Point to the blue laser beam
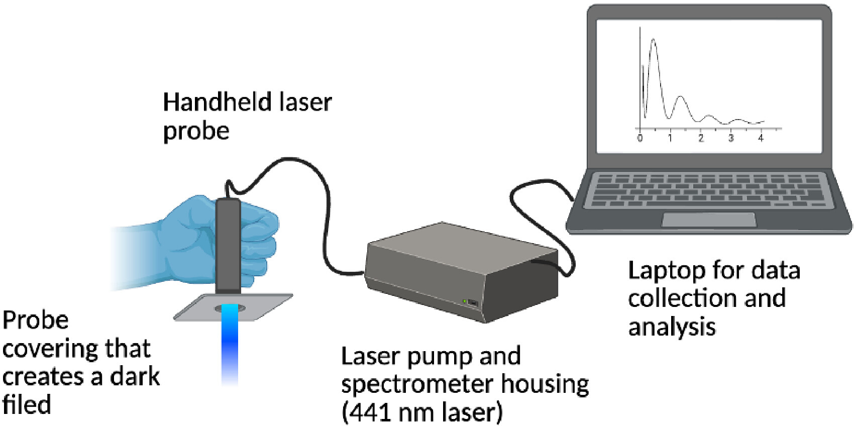point(230,344)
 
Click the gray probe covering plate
point(233,307)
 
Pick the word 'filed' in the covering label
point(27,404)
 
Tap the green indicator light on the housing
point(464,301)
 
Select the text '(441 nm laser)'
point(422,412)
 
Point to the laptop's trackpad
point(709,220)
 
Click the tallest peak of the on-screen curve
point(654,39)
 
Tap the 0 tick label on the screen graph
point(640,138)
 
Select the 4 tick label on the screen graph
point(761,138)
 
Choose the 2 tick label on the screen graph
point(701,138)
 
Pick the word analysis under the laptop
point(672,328)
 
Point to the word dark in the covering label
point(135,376)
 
